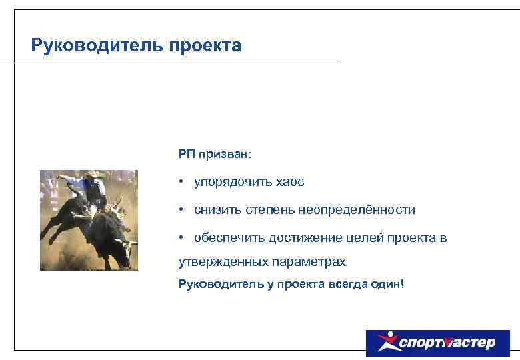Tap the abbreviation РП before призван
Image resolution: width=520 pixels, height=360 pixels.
(186, 154)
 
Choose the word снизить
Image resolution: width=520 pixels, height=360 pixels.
(215, 210)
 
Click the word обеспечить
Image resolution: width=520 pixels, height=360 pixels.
(229, 238)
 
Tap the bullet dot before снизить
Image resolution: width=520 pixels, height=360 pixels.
(181, 210)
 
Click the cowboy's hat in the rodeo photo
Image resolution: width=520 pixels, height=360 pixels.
(91, 175)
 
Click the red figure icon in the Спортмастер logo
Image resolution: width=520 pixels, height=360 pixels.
(385, 343)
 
